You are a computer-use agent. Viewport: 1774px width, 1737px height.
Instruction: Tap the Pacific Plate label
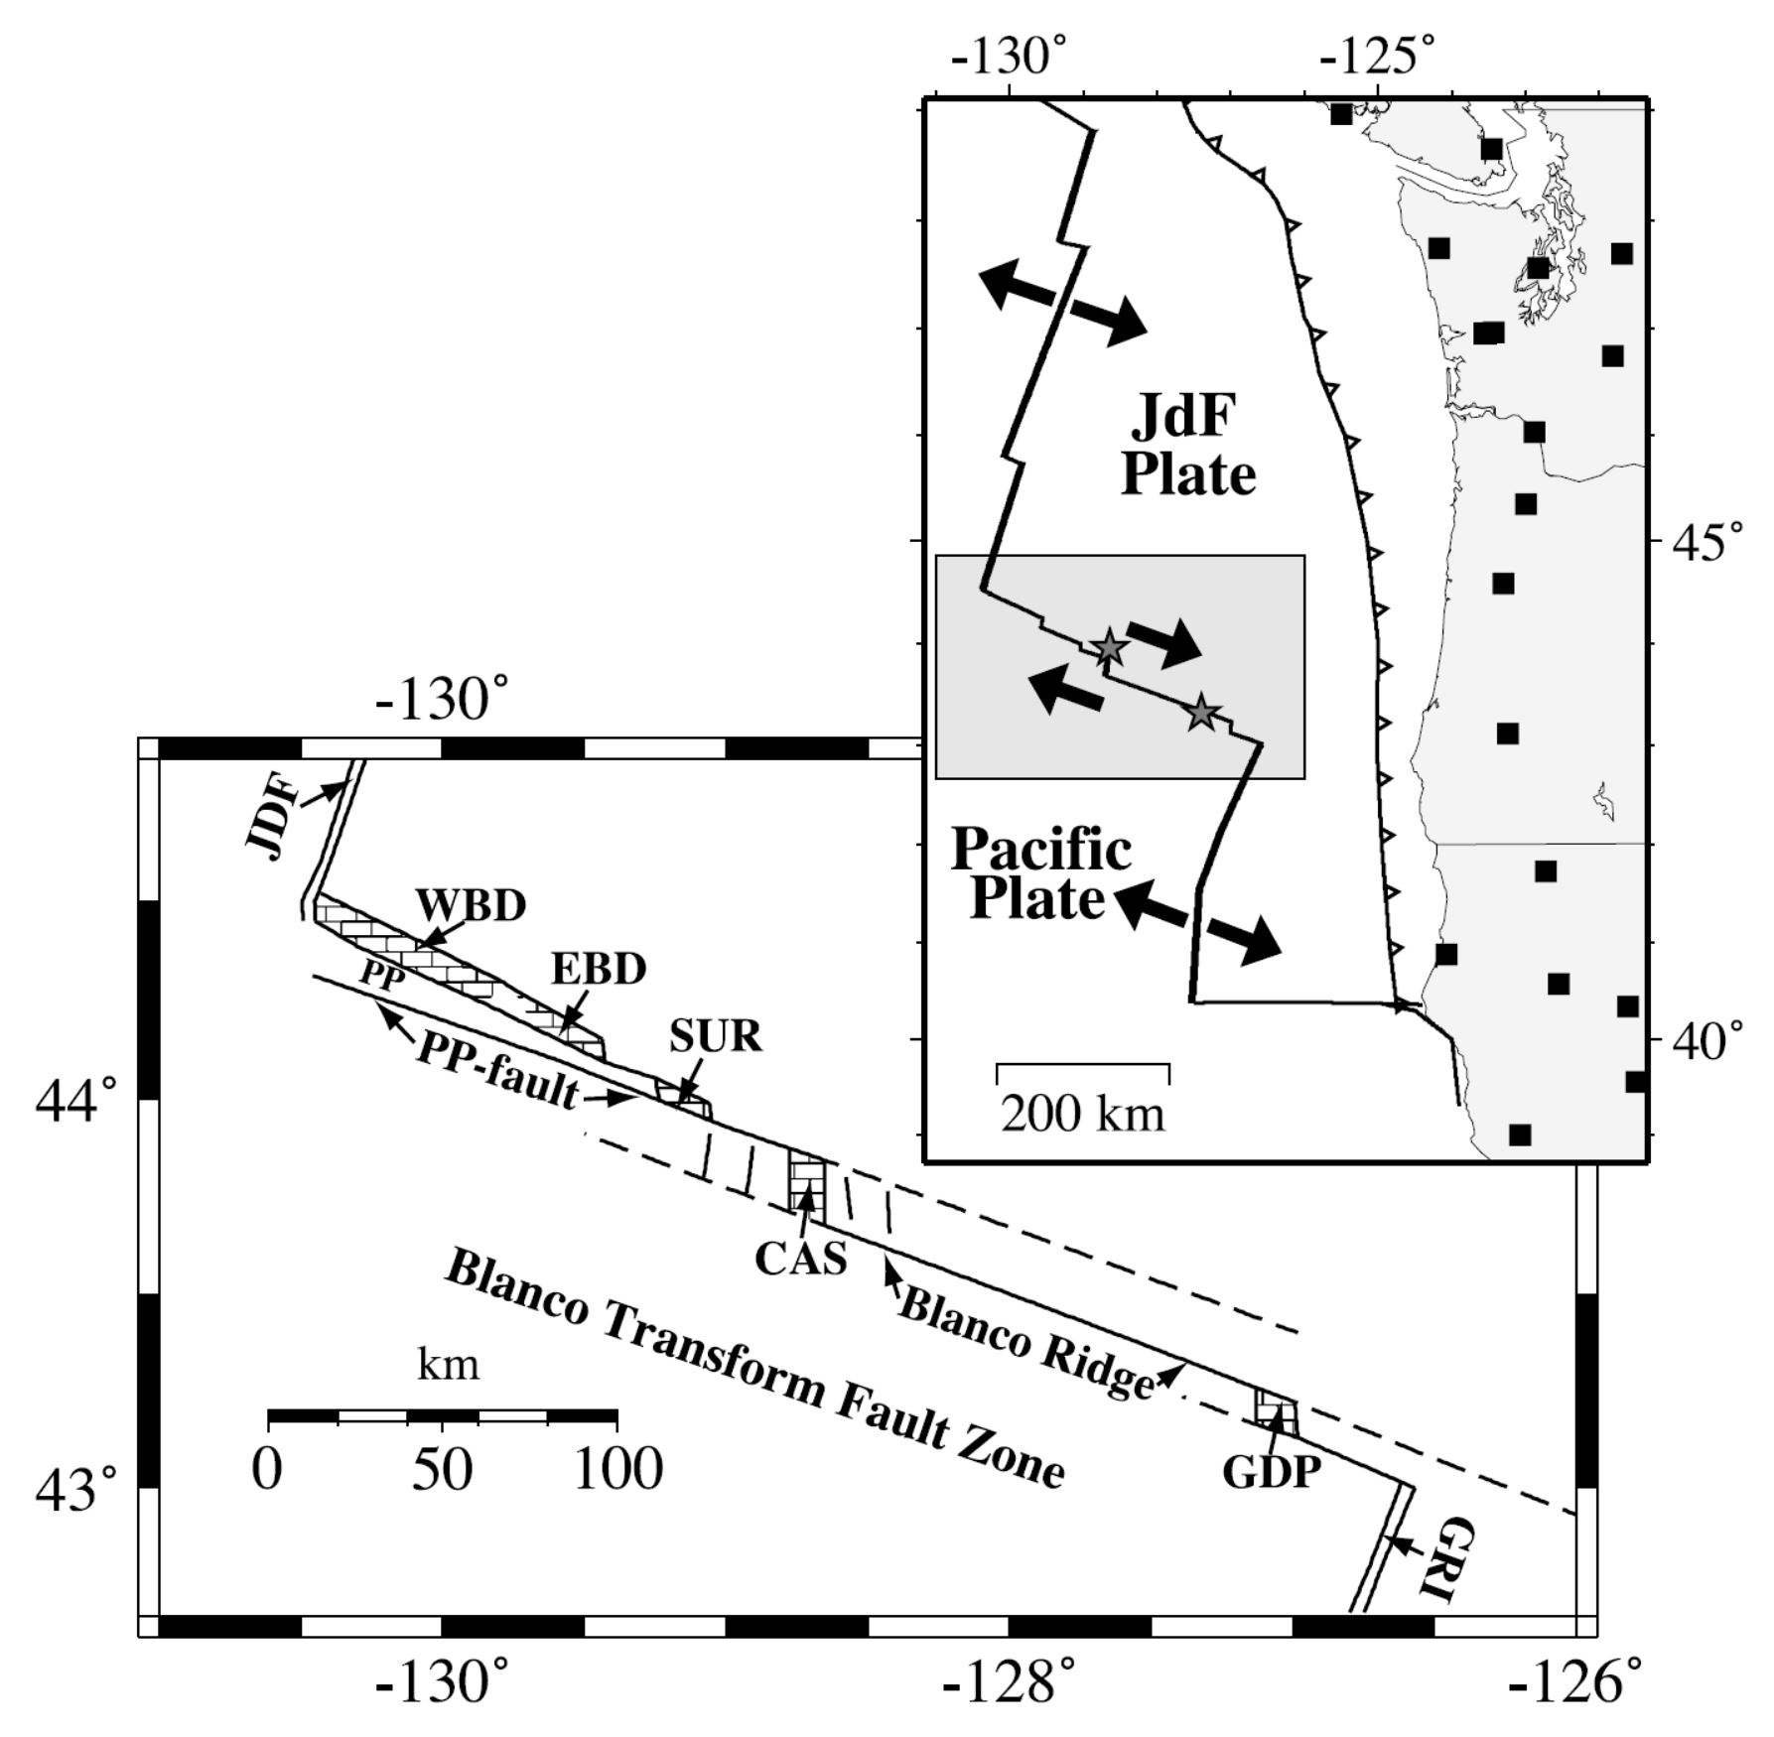coord(1039,874)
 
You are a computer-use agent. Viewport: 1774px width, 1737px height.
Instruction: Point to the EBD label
coord(599,969)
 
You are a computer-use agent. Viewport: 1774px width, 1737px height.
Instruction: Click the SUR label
coord(715,1036)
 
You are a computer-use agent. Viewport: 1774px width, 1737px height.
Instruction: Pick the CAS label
coord(801,1259)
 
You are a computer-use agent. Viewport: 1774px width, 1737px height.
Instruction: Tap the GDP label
coord(1272,1472)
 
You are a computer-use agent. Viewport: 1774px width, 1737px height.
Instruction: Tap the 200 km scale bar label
coord(1082,1114)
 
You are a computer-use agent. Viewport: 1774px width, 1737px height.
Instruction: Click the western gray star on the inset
coord(1109,648)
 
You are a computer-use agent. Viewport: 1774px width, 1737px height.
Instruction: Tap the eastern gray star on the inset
coord(1201,712)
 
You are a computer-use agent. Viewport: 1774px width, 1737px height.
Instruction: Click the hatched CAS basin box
coord(806,1182)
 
